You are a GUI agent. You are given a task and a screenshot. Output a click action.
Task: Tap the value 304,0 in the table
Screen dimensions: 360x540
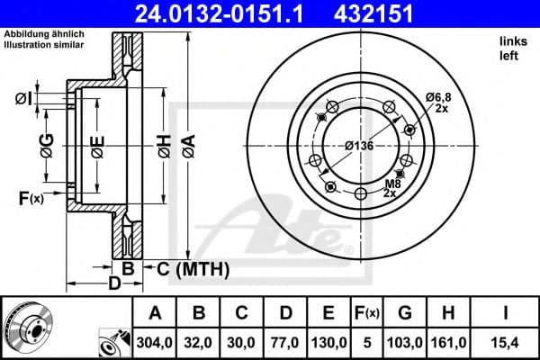pos(155,343)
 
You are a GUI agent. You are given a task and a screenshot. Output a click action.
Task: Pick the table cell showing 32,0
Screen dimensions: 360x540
pos(200,343)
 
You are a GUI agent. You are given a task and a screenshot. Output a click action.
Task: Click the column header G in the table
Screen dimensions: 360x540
pos(405,313)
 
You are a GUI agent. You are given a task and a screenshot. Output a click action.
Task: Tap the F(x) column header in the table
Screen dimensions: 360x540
pos(370,313)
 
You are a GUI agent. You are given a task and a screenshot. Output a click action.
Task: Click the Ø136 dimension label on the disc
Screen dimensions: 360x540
pos(360,146)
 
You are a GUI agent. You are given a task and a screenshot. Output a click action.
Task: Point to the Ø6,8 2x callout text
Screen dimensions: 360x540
pos(438,102)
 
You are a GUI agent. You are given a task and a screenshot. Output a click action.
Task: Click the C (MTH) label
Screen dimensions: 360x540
pos(193,269)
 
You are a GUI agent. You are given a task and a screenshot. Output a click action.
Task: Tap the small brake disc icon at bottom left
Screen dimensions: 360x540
pos(27,326)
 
